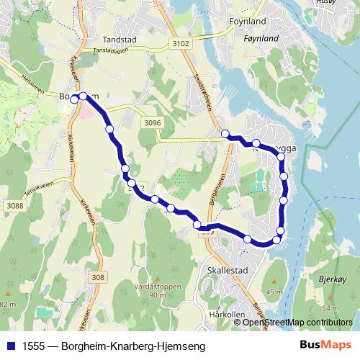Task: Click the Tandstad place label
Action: click(120, 40)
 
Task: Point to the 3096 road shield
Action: click(152, 122)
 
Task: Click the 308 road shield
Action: click(99, 277)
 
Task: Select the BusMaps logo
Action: click(325, 345)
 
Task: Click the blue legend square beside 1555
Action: click(10, 346)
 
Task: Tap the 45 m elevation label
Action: click(274, 292)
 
